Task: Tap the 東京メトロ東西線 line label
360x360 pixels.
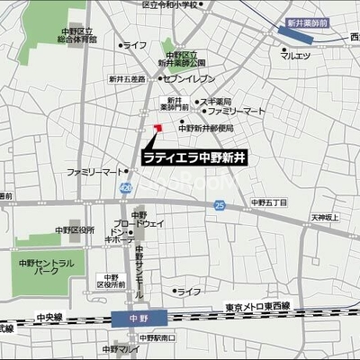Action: [x=259, y=305]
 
